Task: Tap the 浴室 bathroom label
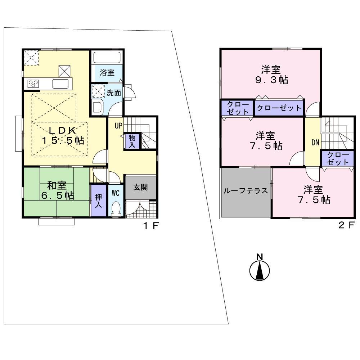[107, 72]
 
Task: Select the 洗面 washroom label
[114, 93]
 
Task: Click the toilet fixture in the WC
[116, 208]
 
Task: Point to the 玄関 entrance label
[140, 187]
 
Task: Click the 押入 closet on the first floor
[98, 200]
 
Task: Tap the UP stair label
[118, 126]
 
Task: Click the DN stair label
[315, 143]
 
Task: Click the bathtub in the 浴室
[107, 57]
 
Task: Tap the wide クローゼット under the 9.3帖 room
[278, 108]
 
